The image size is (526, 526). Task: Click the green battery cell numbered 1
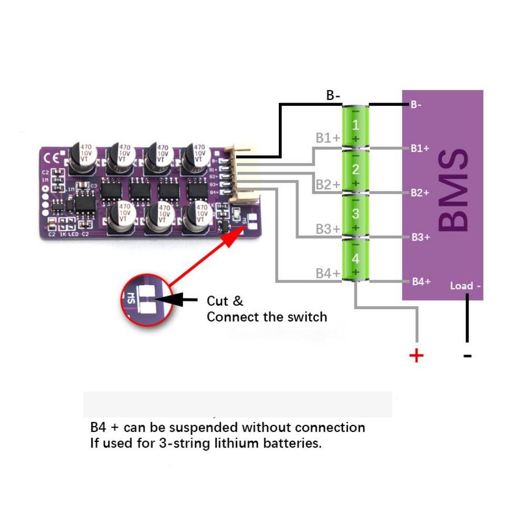coord(356,126)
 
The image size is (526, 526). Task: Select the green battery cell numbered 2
coord(356,170)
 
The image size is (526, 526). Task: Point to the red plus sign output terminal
coord(416,356)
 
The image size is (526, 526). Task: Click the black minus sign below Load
coord(467,356)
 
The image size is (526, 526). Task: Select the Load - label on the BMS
coord(465,286)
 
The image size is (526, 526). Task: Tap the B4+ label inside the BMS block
coord(421,282)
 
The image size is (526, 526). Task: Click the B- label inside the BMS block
coord(416,105)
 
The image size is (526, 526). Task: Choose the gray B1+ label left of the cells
coord(328,138)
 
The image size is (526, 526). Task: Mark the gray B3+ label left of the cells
coord(328,229)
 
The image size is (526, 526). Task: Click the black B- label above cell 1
coord(333,96)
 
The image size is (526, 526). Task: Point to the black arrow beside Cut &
coord(179,300)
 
